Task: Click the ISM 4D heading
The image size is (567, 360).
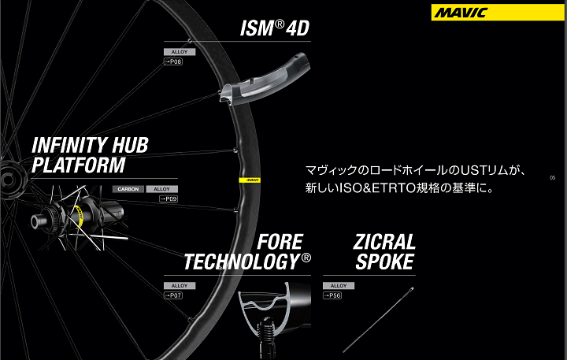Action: (274, 30)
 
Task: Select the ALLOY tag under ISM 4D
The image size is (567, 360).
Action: (173, 52)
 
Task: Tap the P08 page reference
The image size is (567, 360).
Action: (173, 61)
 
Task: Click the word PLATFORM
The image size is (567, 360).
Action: (78, 165)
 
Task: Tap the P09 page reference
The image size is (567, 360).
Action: (169, 199)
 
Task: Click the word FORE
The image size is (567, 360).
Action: (280, 242)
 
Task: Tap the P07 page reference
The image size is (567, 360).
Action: (173, 295)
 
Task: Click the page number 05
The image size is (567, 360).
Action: (553, 178)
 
